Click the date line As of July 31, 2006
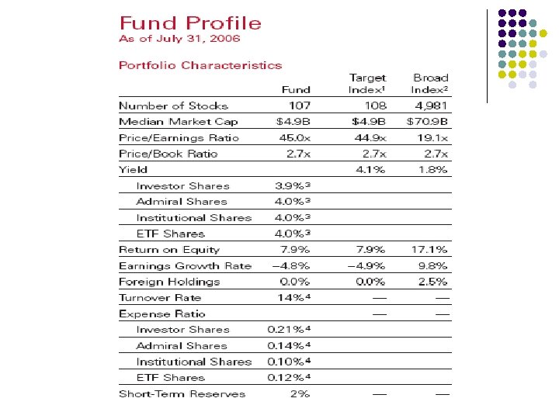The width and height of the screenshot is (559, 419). pos(179,38)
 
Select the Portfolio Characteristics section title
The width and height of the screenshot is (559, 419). pos(200,65)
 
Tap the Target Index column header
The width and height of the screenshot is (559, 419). pos(367,84)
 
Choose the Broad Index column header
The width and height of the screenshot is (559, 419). pos(430,84)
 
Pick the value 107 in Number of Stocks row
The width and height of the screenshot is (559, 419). pos(299,106)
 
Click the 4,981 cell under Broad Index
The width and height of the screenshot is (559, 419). pos(430,106)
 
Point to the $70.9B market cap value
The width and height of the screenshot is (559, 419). pos(428,122)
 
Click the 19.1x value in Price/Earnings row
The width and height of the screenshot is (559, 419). pos(433,138)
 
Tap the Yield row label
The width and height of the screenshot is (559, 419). pos(133,170)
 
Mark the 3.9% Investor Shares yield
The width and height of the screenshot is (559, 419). pos(293,186)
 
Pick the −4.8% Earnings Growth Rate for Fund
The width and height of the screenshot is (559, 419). pos(291,266)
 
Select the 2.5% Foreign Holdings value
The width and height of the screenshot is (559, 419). pos(433,282)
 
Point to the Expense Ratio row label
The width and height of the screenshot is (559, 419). pos(161,314)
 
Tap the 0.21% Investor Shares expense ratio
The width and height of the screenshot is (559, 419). pos(290,330)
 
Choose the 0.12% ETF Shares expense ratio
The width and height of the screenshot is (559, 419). pos(290,378)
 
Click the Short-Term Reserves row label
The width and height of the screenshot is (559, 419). pos(182,394)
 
